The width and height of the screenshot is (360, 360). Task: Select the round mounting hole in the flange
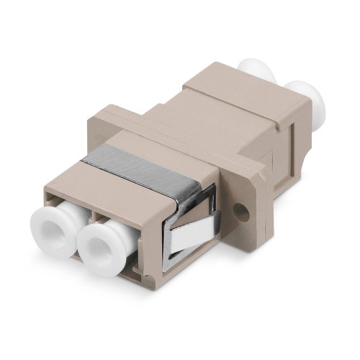[x=244, y=213]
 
